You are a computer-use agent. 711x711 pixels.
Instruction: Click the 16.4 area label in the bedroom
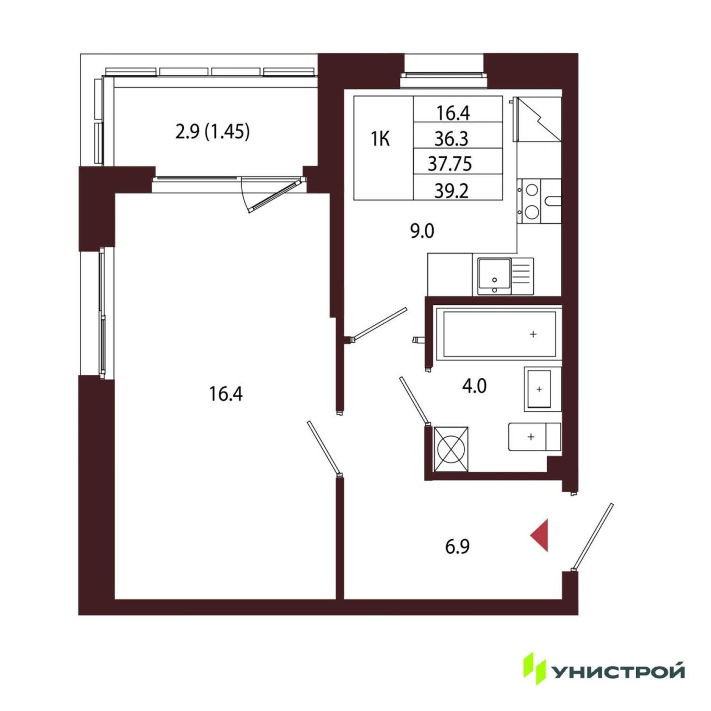coord(226,394)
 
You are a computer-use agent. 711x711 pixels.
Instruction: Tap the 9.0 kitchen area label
coord(423,232)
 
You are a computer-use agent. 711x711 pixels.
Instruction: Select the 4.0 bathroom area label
coord(474,386)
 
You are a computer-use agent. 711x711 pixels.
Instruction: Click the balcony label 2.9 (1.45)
coord(213,132)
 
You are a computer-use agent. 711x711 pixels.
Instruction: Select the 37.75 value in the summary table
coord(450,164)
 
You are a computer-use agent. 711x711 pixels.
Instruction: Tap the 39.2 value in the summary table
coord(452,192)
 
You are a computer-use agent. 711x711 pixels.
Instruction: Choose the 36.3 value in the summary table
coord(452,139)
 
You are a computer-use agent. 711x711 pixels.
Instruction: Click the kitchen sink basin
coord(494,276)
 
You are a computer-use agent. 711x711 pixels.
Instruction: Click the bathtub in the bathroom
coord(499,333)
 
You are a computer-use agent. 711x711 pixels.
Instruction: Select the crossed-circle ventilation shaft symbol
coord(452,449)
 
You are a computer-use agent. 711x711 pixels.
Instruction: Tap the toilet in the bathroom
coord(534,437)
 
